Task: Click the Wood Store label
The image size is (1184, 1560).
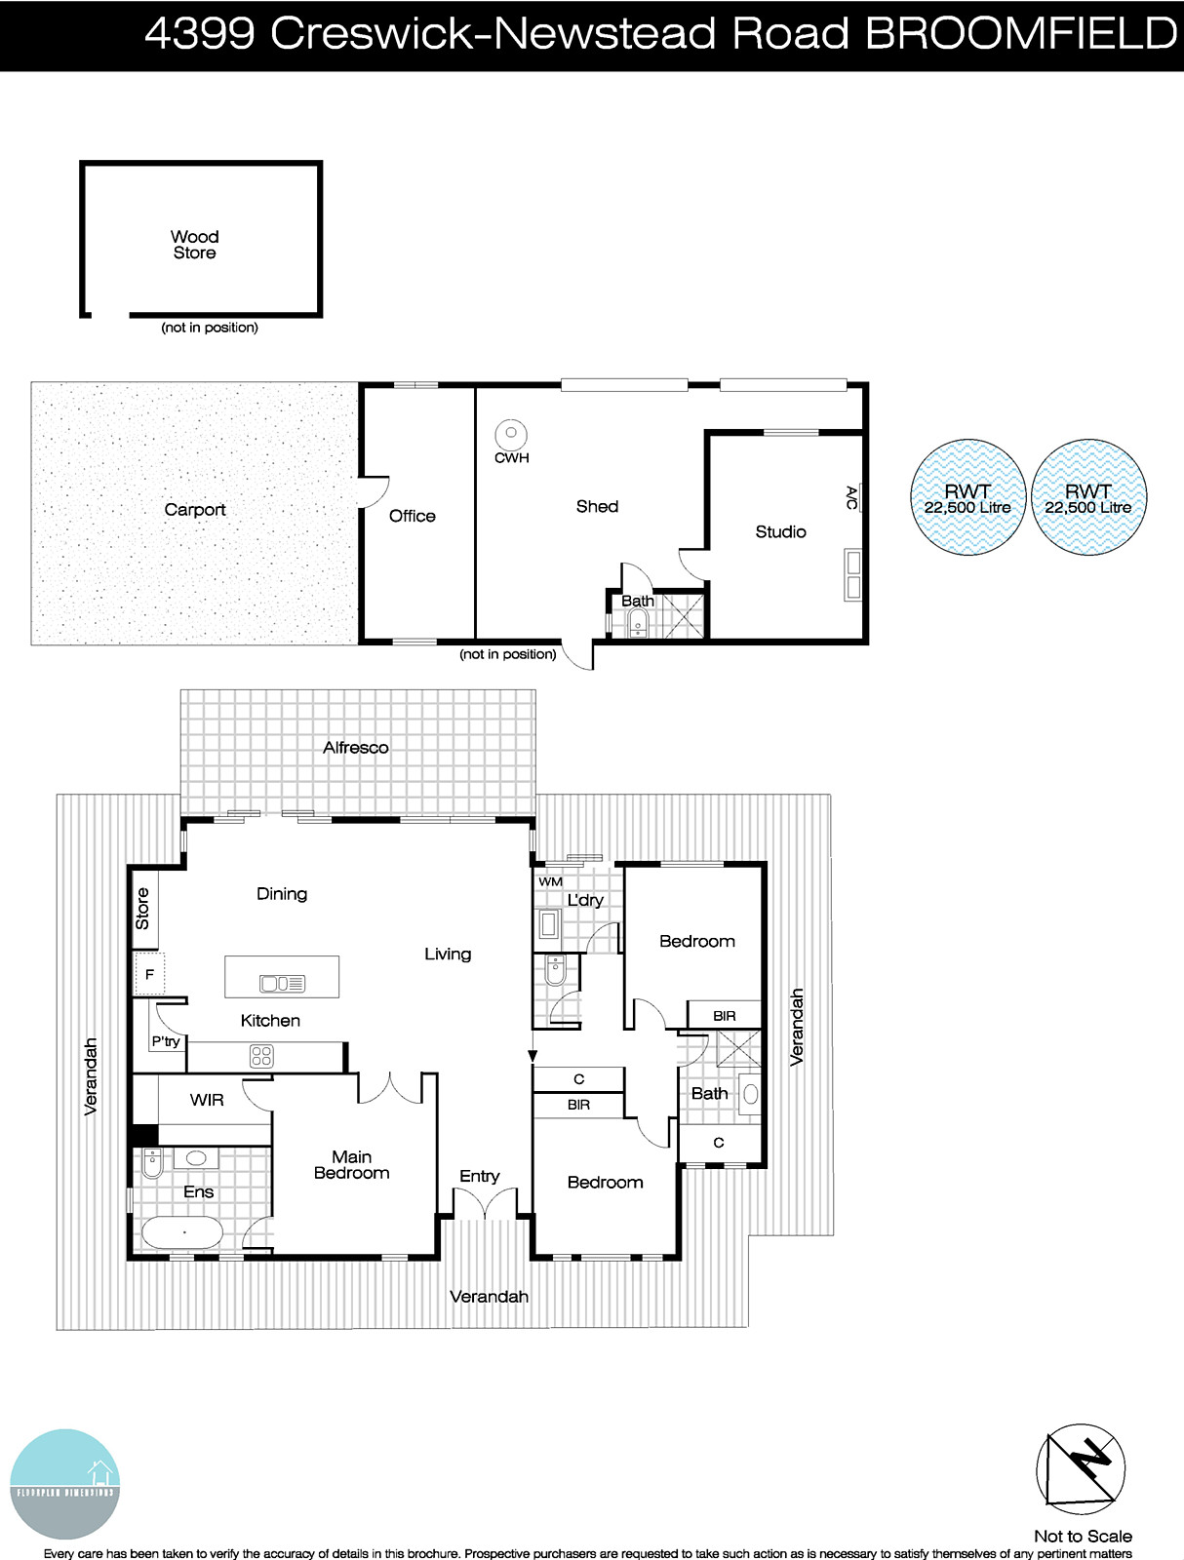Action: coord(195,245)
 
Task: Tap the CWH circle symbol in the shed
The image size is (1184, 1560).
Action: coord(510,434)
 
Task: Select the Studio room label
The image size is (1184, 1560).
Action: coord(780,531)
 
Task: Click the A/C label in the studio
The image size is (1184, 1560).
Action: coord(851,498)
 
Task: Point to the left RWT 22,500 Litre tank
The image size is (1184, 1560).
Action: coord(967,498)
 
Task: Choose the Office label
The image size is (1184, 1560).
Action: coord(412,516)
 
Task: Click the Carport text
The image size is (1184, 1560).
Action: coord(195,509)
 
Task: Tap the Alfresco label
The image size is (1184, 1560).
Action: coord(356,748)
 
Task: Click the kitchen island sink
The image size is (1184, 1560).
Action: coord(282,983)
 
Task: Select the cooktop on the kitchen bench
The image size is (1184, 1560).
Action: coord(261,1056)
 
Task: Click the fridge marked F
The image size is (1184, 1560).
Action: coord(150,974)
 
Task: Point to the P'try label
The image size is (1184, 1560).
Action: coord(166,1041)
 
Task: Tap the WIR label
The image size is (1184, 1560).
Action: coord(207,1100)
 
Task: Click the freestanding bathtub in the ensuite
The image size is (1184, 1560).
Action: coord(182,1233)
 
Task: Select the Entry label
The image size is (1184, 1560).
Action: coord(479,1176)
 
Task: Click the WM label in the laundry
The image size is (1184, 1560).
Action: coord(550,881)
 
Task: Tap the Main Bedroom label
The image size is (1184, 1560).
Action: coord(351,1165)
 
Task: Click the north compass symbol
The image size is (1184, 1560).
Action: coord(1081,1468)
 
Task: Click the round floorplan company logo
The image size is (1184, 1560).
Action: coord(65,1484)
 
